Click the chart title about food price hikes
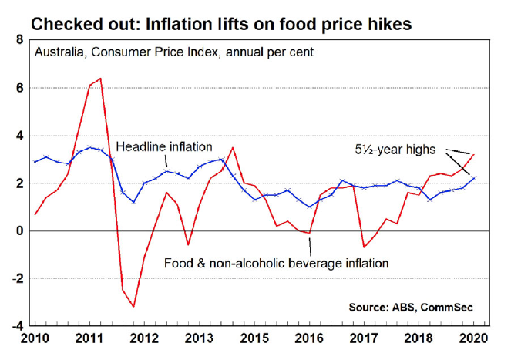click(220, 24)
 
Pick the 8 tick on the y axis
click(19, 40)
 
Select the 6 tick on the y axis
click(19, 88)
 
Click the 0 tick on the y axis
click(19, 230)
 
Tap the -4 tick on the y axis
click(17, 326)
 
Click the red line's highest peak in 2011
click(101, 79)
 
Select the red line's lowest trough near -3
click(134, 307)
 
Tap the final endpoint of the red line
click(474, 155)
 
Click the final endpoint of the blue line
click(474, 177)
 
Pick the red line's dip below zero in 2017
click(363, 247)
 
